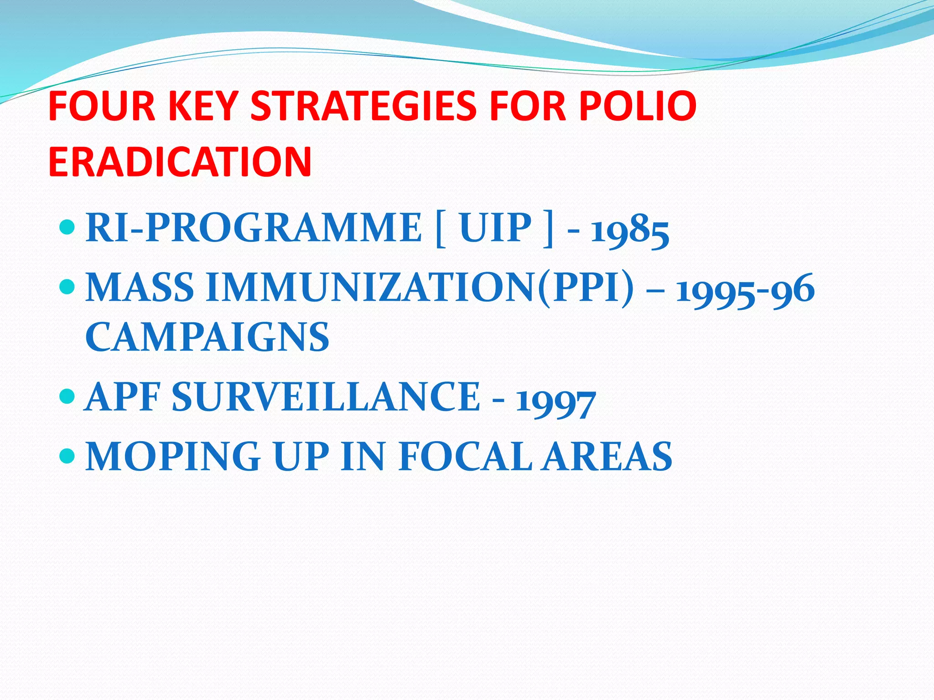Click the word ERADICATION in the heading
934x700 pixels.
(180, 162)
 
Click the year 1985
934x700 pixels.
(630, 230)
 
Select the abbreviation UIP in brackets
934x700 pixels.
(495, 227)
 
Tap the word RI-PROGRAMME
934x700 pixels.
(254, 227)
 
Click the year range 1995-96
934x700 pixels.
(745, 290)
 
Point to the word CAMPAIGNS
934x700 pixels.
(207, 337)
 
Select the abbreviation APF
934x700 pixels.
(122, 397)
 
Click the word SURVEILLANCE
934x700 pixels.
(326, 397)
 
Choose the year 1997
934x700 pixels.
(555, 401)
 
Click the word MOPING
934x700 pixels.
(173, 456)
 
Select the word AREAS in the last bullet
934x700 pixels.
(607, 456)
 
